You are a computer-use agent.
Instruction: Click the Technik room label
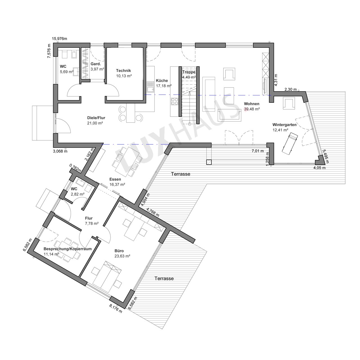click(123, 71)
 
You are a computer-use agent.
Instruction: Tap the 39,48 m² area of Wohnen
click(252, 109)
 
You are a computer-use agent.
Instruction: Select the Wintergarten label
click(284, 125)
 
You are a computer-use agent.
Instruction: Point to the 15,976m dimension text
click(59, 39)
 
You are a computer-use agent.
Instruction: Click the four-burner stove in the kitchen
click(175, 102)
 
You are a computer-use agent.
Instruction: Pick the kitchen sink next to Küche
click(150, 87)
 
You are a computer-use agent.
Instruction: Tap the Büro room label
click(119, 251)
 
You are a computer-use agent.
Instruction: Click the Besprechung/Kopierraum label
click(67, 249)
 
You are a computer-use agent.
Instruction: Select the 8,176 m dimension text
click(116, 309)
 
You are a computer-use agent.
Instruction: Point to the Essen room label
click(115, 179)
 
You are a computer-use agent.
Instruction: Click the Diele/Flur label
click(96, 118)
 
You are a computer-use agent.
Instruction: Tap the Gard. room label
click(96, 64)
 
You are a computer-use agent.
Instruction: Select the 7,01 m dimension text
click(258, 151)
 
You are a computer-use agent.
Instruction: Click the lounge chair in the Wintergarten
click(289, 143)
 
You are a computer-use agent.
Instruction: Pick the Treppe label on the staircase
click(189, 72)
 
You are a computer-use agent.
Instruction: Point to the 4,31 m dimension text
click(276, 80)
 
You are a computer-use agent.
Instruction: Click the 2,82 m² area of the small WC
click(78, 194)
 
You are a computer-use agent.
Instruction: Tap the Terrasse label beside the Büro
click(164, 278)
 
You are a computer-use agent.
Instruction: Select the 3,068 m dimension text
click(60, 151)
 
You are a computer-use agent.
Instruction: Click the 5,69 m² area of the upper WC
click(67, 72)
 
